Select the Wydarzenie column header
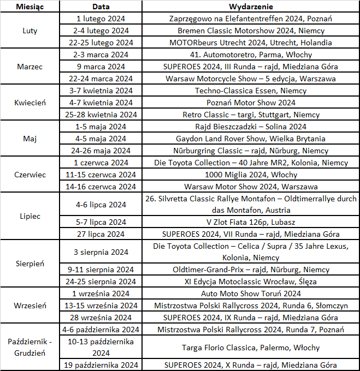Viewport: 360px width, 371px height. (x=251, y=7)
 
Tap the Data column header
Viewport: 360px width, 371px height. (x=101, y=7)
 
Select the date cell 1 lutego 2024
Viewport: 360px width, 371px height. (x=101, y=19)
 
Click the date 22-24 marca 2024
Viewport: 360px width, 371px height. (x=101, y=79)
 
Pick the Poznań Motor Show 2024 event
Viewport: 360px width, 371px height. (x=251, y=103)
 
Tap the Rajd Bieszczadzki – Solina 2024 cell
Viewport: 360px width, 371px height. (x=251, y=127)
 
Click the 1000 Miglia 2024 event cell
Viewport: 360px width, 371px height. (x=251, y=175)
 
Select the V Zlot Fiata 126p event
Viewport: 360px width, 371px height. (x=251, y=222)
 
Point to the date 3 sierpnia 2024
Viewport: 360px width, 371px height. (x=101, y=252)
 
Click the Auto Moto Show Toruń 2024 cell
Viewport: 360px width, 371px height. (x=251, y=294)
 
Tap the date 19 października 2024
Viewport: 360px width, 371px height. (x=101, y=365)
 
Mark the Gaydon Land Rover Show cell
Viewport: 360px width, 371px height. (x=251, y=139)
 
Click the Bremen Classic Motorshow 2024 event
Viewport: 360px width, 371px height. (x=251, y=31)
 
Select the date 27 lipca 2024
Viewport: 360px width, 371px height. (x=101, y=234)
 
